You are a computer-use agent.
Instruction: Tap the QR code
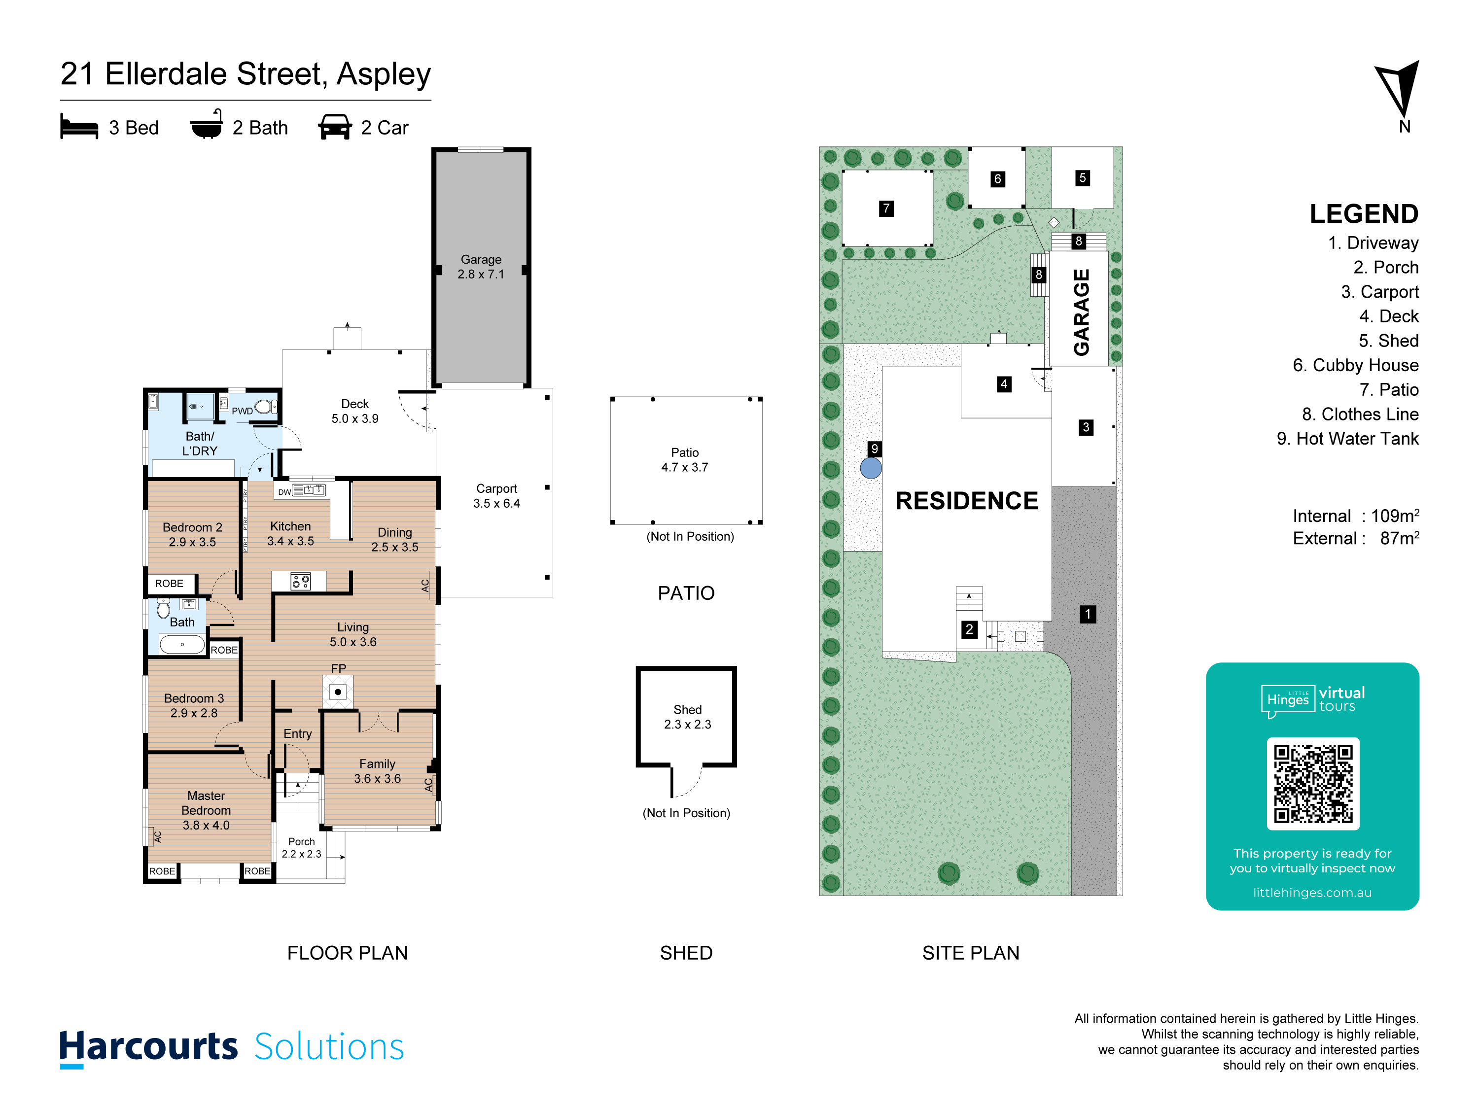(1313, 784)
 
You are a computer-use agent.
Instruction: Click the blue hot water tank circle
(871, 468)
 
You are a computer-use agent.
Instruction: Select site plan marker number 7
(886, 208)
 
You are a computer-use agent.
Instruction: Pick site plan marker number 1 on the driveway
(1088, 614)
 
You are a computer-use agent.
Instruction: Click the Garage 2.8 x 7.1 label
(481, 267)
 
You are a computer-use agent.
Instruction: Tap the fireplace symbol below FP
(338, 692)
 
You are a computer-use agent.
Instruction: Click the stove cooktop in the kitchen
(301, 582)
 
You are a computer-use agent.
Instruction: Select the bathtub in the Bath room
(182, 644)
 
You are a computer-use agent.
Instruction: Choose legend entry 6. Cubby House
(1355, 365)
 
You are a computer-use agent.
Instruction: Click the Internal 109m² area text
(1355, 516)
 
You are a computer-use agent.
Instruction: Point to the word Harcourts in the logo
(148, 1047)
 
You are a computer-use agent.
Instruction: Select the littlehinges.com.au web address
(1312, 893)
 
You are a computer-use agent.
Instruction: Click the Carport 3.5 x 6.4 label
(497, 496)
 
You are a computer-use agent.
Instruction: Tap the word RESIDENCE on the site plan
(967, 501)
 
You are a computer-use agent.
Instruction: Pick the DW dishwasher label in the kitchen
(284, 492)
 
